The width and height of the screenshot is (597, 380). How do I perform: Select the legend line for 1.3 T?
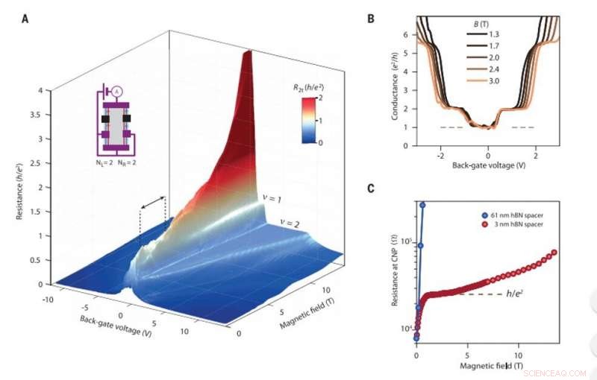[x=478, y=34]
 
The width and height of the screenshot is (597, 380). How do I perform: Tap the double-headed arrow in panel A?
[x=153, y=203]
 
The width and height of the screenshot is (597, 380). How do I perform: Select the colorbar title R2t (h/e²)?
[x=308, y=87]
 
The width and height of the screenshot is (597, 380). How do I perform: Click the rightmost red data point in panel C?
[x=554, y=253]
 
